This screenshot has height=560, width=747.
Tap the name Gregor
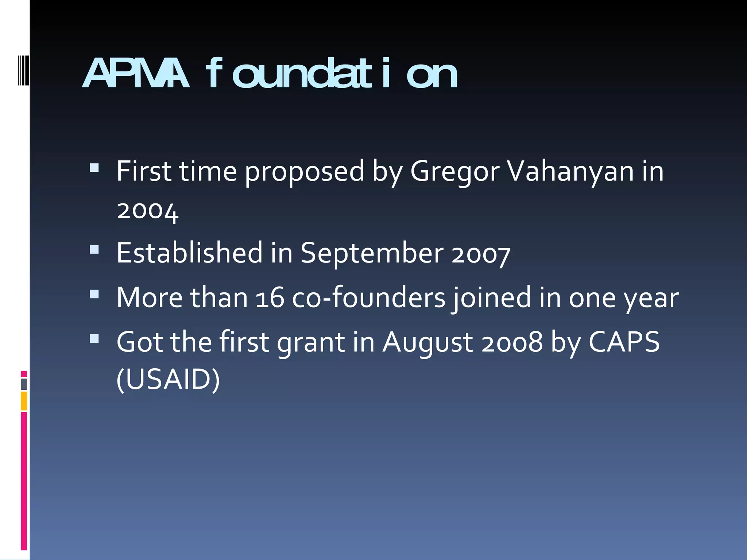click(x=454, y=171)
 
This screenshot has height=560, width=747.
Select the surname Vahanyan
click(x=571, y=171)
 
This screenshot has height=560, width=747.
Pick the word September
click(x=372, y=253)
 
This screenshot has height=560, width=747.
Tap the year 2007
click(x=481, y=254)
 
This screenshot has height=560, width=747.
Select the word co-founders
click(x=369, y=297)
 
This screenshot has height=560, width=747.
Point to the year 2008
click(x=512, y=343)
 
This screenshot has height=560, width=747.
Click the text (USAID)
click(x=168, y=380)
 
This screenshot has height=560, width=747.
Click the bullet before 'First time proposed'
click(x=94, y=168)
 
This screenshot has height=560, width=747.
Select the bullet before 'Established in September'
click(x=94, y=249)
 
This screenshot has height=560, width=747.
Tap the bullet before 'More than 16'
click(x=94, y=294)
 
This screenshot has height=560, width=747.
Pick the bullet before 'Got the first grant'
click(x=94, y=339)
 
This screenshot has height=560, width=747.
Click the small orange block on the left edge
click(x=24, y=401)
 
